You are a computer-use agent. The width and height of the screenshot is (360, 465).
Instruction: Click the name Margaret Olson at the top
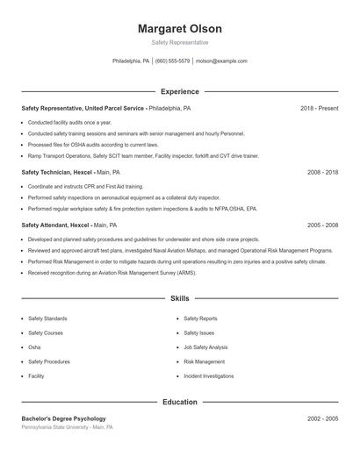point(179,28)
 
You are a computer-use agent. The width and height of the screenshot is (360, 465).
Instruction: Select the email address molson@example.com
point(221,61)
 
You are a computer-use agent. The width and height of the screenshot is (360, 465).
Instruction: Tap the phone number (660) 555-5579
point(174,61)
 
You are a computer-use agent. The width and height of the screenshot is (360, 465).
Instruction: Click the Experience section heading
point(179,91)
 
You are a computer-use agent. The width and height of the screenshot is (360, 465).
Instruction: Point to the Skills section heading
point(179,299)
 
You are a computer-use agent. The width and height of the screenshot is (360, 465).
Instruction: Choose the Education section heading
point(179,402)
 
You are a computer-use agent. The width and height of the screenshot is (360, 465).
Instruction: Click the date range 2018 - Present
point(319,108)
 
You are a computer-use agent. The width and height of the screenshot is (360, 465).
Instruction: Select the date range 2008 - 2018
point(322,173)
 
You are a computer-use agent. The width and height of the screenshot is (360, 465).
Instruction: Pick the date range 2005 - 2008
point(322,225)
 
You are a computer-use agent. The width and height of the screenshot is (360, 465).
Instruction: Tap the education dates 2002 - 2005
point(322,418)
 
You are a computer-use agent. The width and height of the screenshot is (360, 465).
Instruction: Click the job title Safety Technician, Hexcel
point(57,173)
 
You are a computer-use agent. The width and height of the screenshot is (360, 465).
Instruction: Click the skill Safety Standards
point(47,318)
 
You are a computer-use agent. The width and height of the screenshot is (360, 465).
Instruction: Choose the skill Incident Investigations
point(209,376)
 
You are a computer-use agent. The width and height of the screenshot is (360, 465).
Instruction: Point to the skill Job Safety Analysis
point(205,347)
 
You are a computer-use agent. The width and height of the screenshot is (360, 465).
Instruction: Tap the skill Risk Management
point(204,361)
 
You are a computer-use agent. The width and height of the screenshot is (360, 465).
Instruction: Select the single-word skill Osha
point(34,347)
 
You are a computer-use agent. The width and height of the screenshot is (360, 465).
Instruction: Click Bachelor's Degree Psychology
point(63,418)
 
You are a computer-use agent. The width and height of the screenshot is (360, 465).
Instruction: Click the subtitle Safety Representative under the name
point(179,42)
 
